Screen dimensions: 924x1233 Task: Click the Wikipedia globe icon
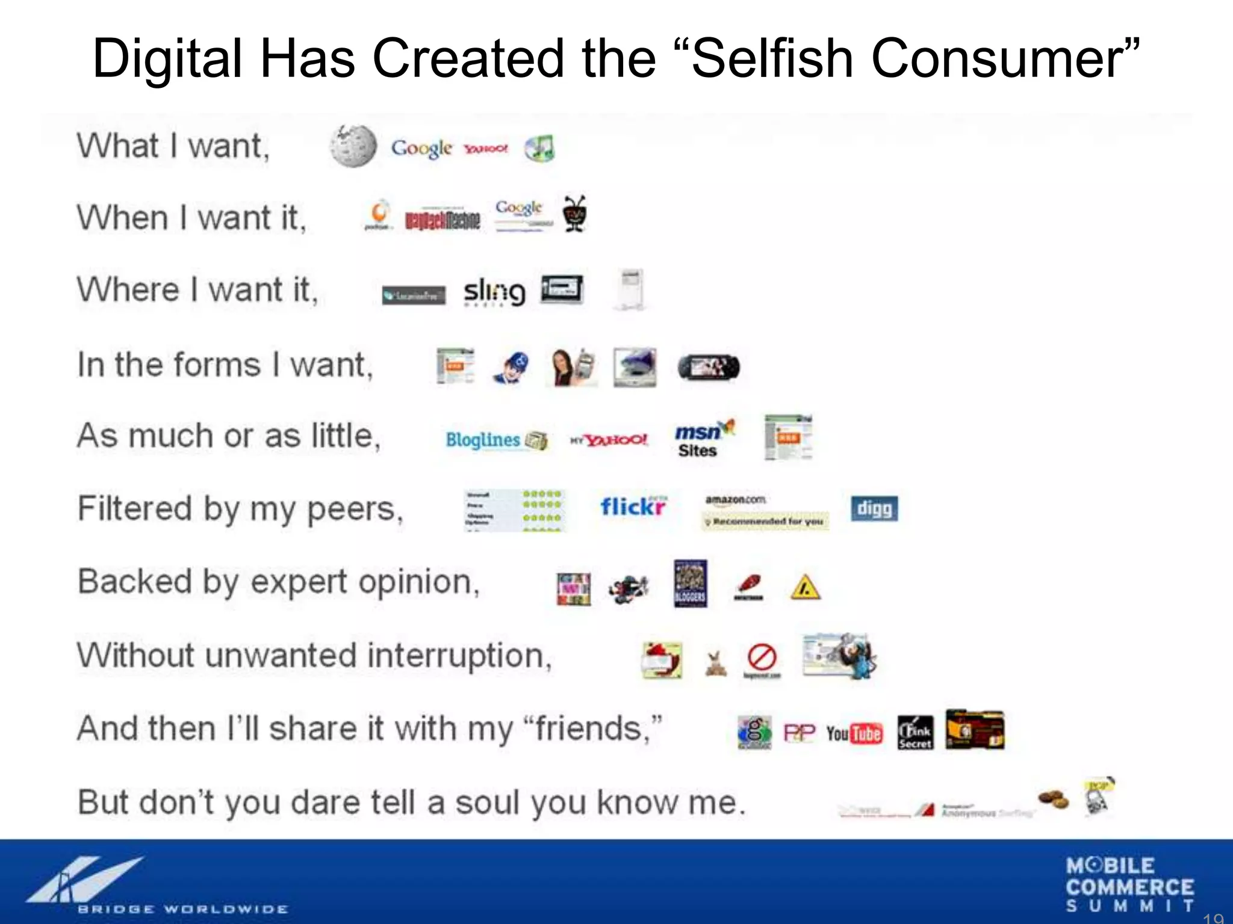[x=353, y=146]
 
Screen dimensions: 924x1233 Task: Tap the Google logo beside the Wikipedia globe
[x=421, y=149]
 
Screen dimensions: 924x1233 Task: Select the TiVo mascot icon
[x=575, y=214]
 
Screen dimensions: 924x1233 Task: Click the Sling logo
[x=494, y=292]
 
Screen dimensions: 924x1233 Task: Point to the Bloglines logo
[x=495, y=440]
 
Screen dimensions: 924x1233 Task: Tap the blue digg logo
[x=874, y=509]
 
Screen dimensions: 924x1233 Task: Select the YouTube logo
[x=854, y=733]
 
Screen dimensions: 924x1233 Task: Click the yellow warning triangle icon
[x=805, y=587]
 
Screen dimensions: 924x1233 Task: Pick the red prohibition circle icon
[x=762, y=657]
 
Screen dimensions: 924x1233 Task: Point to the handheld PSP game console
[x=709, y=367]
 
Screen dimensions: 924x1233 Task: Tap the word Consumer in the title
[x=997, y=58]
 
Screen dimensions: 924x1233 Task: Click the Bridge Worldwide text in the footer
[x=182, y=908]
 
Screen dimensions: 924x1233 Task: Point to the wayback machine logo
[x=443, y=221]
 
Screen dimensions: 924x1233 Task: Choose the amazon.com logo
[x=736, y=500]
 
